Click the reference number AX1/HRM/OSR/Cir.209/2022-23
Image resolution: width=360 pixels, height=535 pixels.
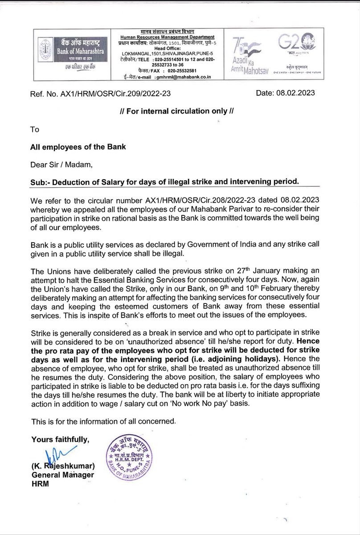click(x=111, y=95)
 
